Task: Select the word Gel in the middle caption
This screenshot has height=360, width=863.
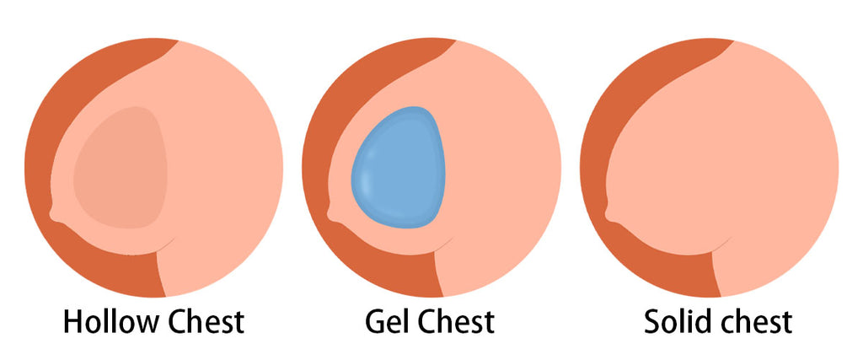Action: [386, 322]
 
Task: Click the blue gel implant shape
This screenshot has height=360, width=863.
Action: [398, 167]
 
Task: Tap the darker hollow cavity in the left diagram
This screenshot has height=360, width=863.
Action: [121, 167]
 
